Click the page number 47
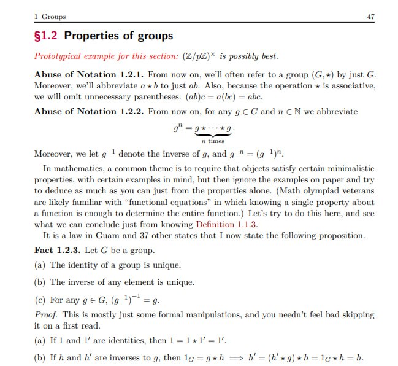[370, 17]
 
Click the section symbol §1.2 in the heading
[47, 36]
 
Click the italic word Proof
[45, 314]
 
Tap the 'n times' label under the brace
[212, 141]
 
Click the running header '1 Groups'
[50, 17]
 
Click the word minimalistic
[351, 168]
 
